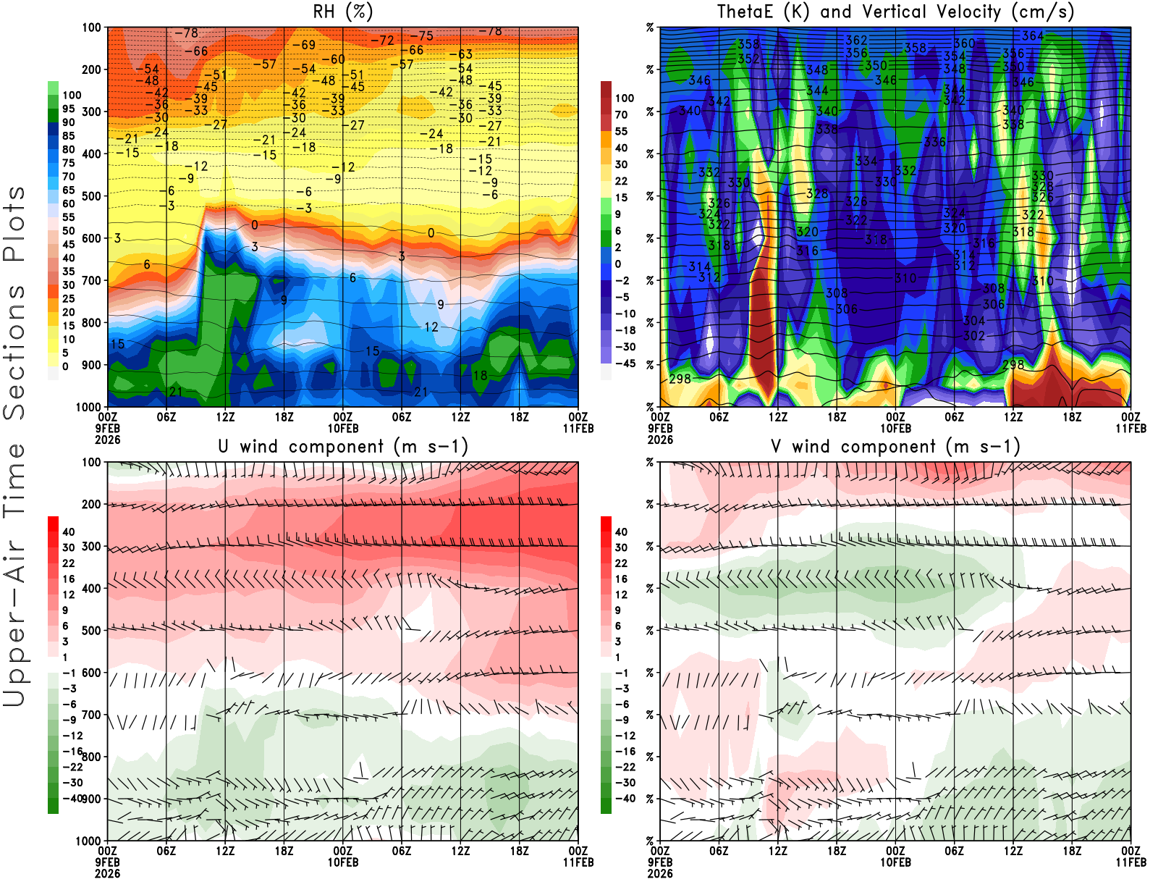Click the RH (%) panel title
(342, 12)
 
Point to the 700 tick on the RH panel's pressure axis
(91, 280)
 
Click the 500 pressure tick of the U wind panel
(91, 630)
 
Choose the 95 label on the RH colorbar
(68, 109)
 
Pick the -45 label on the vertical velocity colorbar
(625, 364)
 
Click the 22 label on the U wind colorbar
(69, 563)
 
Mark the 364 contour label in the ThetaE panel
(1033, 35)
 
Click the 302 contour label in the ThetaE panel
(974, 335)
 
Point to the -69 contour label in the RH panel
(304, 45)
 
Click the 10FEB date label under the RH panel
(342, 429)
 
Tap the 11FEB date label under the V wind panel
(1130, 862)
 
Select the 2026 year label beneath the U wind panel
(107, 873)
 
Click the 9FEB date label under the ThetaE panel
(660, 429)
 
